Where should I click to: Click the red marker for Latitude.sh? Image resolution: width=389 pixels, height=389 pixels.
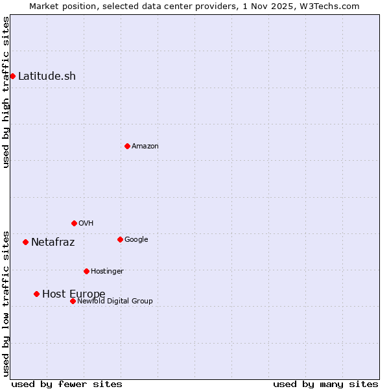pyautogui.click(x=12, y=76)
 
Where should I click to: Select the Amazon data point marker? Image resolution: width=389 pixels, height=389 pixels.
pyautogui.click(x=127, y=146)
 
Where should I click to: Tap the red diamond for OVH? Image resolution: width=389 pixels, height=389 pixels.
pyautogui.click(x=74, y=223)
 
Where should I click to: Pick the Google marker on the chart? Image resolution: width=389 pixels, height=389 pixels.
pyautogui.click(x=120, y=239)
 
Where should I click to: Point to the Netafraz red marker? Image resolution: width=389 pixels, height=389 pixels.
pyautogui.click(x=25, y=242)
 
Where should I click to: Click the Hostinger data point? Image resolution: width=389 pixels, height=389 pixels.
pyautogui.click(x=86, y=271)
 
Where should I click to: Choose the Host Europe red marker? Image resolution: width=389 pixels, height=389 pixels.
pyautogui.click(x=37, y=294)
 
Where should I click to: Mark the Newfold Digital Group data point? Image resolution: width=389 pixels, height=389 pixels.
pyautogui.click(x=73, y=301)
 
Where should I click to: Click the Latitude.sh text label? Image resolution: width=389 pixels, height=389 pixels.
pyautogui.click(x=47, y=76)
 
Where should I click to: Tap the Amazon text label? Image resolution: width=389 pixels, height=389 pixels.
pyautogui.click(x=145, y=146)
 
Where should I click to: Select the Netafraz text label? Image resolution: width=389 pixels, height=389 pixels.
pyautogui.click(x=53, y=242)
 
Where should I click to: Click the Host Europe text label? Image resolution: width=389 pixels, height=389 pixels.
pyautogui.click(x=73, y=294)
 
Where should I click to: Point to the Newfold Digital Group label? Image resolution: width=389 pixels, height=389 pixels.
pyautogui.click(x=115, y=301)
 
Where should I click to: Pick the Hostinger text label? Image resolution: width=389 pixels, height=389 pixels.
pyautogui.click(x=107, y=271)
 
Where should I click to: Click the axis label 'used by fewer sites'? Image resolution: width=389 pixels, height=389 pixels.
pyautogui.click(x=67, y=384)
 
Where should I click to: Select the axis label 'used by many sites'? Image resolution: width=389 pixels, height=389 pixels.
pyautogui.click(x=325, y=384)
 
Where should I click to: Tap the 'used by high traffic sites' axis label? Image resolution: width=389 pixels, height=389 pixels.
pyautogui.click(x=6, y=92)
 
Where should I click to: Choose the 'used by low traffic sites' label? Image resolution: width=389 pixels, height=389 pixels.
pyautogui.click(x=6, y=303)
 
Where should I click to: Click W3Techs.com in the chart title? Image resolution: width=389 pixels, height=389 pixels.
pyautogui.click(x=329, y=6)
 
